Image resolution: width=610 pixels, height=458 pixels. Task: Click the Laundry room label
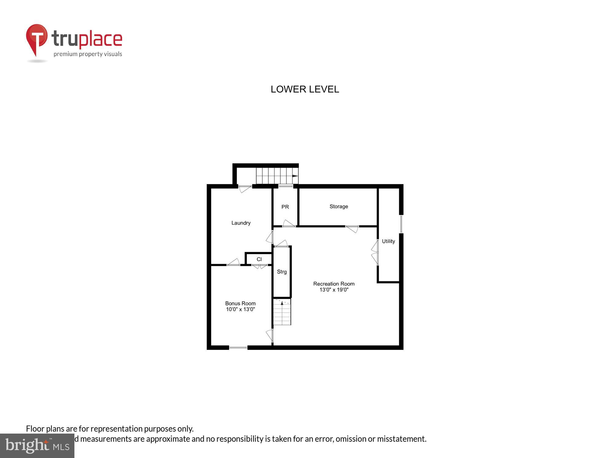click(x=241, y=223)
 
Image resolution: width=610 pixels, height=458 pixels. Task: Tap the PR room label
click(x=285, y=207)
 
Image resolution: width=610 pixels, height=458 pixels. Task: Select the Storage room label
click(x=339, y=206)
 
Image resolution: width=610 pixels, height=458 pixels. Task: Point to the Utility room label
click(x=388, y=241)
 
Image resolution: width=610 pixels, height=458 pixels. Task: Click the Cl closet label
click(x=259, y=259)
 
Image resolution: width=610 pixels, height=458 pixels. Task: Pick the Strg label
click(x=282, y=272)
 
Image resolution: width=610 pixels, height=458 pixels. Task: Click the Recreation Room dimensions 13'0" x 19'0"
click(x=334, y=290)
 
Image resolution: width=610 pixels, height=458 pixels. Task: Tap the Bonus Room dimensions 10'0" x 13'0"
click(x=240, y=309)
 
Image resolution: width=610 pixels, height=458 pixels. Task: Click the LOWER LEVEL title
click(x=305, y=89)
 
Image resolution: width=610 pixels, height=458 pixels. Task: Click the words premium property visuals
click(x=88, y=54)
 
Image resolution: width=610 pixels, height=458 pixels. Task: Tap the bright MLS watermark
click(x=37, y=446)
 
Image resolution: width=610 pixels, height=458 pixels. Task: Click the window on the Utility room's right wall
click(x=401, y=224)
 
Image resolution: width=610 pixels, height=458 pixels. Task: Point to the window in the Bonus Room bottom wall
click(x=238, y=347)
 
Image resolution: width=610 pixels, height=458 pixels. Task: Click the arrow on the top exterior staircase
click(x=295, y=176)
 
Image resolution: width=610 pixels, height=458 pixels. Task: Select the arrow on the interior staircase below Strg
click(x=282, y=303)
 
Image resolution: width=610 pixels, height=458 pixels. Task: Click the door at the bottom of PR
click(x=289, y=224)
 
